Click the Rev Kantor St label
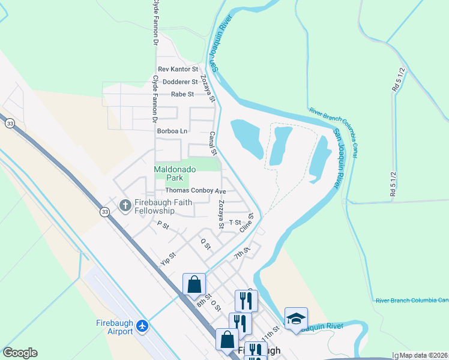pos(178,70)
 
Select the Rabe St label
pos(182,94)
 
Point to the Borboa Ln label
pos(172,130)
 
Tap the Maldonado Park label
pos(171,174)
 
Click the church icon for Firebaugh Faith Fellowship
pos(125,206)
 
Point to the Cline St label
pos(247,223)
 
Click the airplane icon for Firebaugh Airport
pos(143,326)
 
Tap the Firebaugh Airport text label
pos(114,328)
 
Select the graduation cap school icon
pos(296,318)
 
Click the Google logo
pos(20,353)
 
